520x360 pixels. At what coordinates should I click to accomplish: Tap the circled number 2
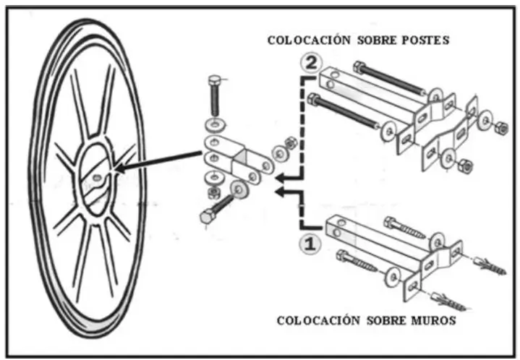click(x=310, y=64)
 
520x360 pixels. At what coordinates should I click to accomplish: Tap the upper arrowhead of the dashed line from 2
click(x=281, y=177)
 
